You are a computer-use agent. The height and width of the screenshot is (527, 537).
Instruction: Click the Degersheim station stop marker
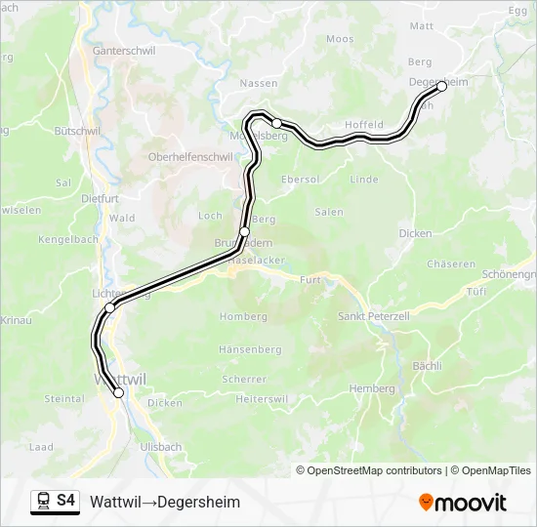pos(441,86)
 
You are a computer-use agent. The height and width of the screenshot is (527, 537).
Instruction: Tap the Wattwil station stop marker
pos(119,393)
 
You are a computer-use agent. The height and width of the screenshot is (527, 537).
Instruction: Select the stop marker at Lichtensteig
pos(110,307)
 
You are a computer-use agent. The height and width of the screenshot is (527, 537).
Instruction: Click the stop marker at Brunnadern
pos(244,231)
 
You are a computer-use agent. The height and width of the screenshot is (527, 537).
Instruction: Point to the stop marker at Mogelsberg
pos(277,123)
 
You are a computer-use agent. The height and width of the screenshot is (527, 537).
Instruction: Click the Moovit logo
pos(463,503)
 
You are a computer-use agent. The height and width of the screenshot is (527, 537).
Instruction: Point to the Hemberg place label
pos(372,388)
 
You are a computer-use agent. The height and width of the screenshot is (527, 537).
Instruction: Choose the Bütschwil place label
pos(78,130)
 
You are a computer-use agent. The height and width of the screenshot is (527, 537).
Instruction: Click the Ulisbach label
pos(161,447)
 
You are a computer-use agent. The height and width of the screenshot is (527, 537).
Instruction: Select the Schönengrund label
pos(509,275)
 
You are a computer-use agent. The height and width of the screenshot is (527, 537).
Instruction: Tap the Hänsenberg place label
pos(251,349)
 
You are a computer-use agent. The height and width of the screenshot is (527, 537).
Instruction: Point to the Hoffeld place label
pos(363,125)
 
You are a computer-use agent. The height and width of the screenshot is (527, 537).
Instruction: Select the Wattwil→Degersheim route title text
pos(165,502)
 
